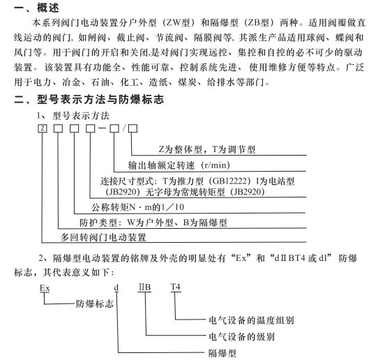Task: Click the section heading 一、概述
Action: pos(36,8)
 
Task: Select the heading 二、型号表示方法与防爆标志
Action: pos(89,99)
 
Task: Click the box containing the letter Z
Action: pos(43,128)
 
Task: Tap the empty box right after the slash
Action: pos(132,128)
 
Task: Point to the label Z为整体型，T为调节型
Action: pos(207,149)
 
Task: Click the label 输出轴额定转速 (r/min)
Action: pos(179,165)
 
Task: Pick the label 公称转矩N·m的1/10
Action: pos(137,207)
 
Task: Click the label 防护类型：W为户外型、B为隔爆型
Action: pos(153,223)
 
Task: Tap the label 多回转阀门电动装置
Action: pos(103,237)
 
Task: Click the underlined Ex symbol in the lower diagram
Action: pos(45,288)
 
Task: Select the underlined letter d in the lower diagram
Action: pos(116,288)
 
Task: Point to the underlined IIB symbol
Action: pos(145,287)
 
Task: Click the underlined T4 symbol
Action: pos(176,287)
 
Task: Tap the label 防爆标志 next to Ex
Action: pos(95,303)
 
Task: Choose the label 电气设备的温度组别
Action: pos(251,320)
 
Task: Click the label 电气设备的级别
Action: pos(242,336)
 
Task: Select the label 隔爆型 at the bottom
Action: pos(222,353)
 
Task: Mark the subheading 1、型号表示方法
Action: pos(73,116)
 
